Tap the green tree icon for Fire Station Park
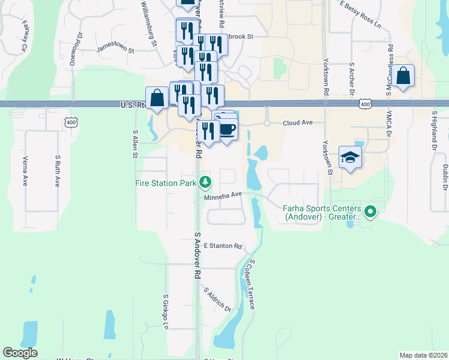tap(205, 181)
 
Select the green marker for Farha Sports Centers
tap(370, 211)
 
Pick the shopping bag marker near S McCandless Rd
tap(404, 76)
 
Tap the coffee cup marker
tap(228, 130)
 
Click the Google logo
tap(20, 353)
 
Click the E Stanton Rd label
tap(222, 246)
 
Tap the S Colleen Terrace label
tap(249, 284)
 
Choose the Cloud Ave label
tap(298, 122)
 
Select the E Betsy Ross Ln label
tap(360, 15)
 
